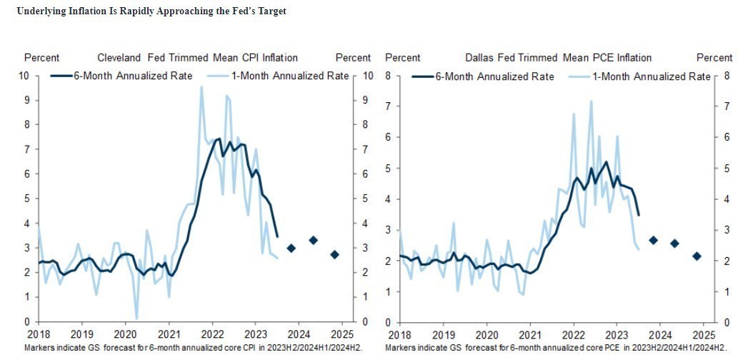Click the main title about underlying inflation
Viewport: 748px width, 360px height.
point(151,12)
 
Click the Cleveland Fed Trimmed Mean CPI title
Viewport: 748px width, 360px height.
point(197,57)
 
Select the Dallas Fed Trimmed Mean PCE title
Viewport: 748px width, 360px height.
point(558,57)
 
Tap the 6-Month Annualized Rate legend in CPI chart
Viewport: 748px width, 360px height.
point(121,76)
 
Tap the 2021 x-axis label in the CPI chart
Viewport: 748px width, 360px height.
point(169,334)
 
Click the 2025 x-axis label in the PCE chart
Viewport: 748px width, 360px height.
point(703,334)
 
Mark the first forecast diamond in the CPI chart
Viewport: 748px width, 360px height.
point(291,248)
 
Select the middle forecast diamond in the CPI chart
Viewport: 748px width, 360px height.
point(313,240)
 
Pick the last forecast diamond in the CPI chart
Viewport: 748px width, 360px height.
point(334,254)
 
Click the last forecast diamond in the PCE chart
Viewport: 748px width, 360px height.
point(697,256)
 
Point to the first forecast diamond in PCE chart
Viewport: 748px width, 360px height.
point(653,240)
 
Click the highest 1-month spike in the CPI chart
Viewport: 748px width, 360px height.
point(201,87)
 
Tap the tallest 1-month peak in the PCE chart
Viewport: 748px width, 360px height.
point(591,101)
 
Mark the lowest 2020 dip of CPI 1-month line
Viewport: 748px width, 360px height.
point(136,319)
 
